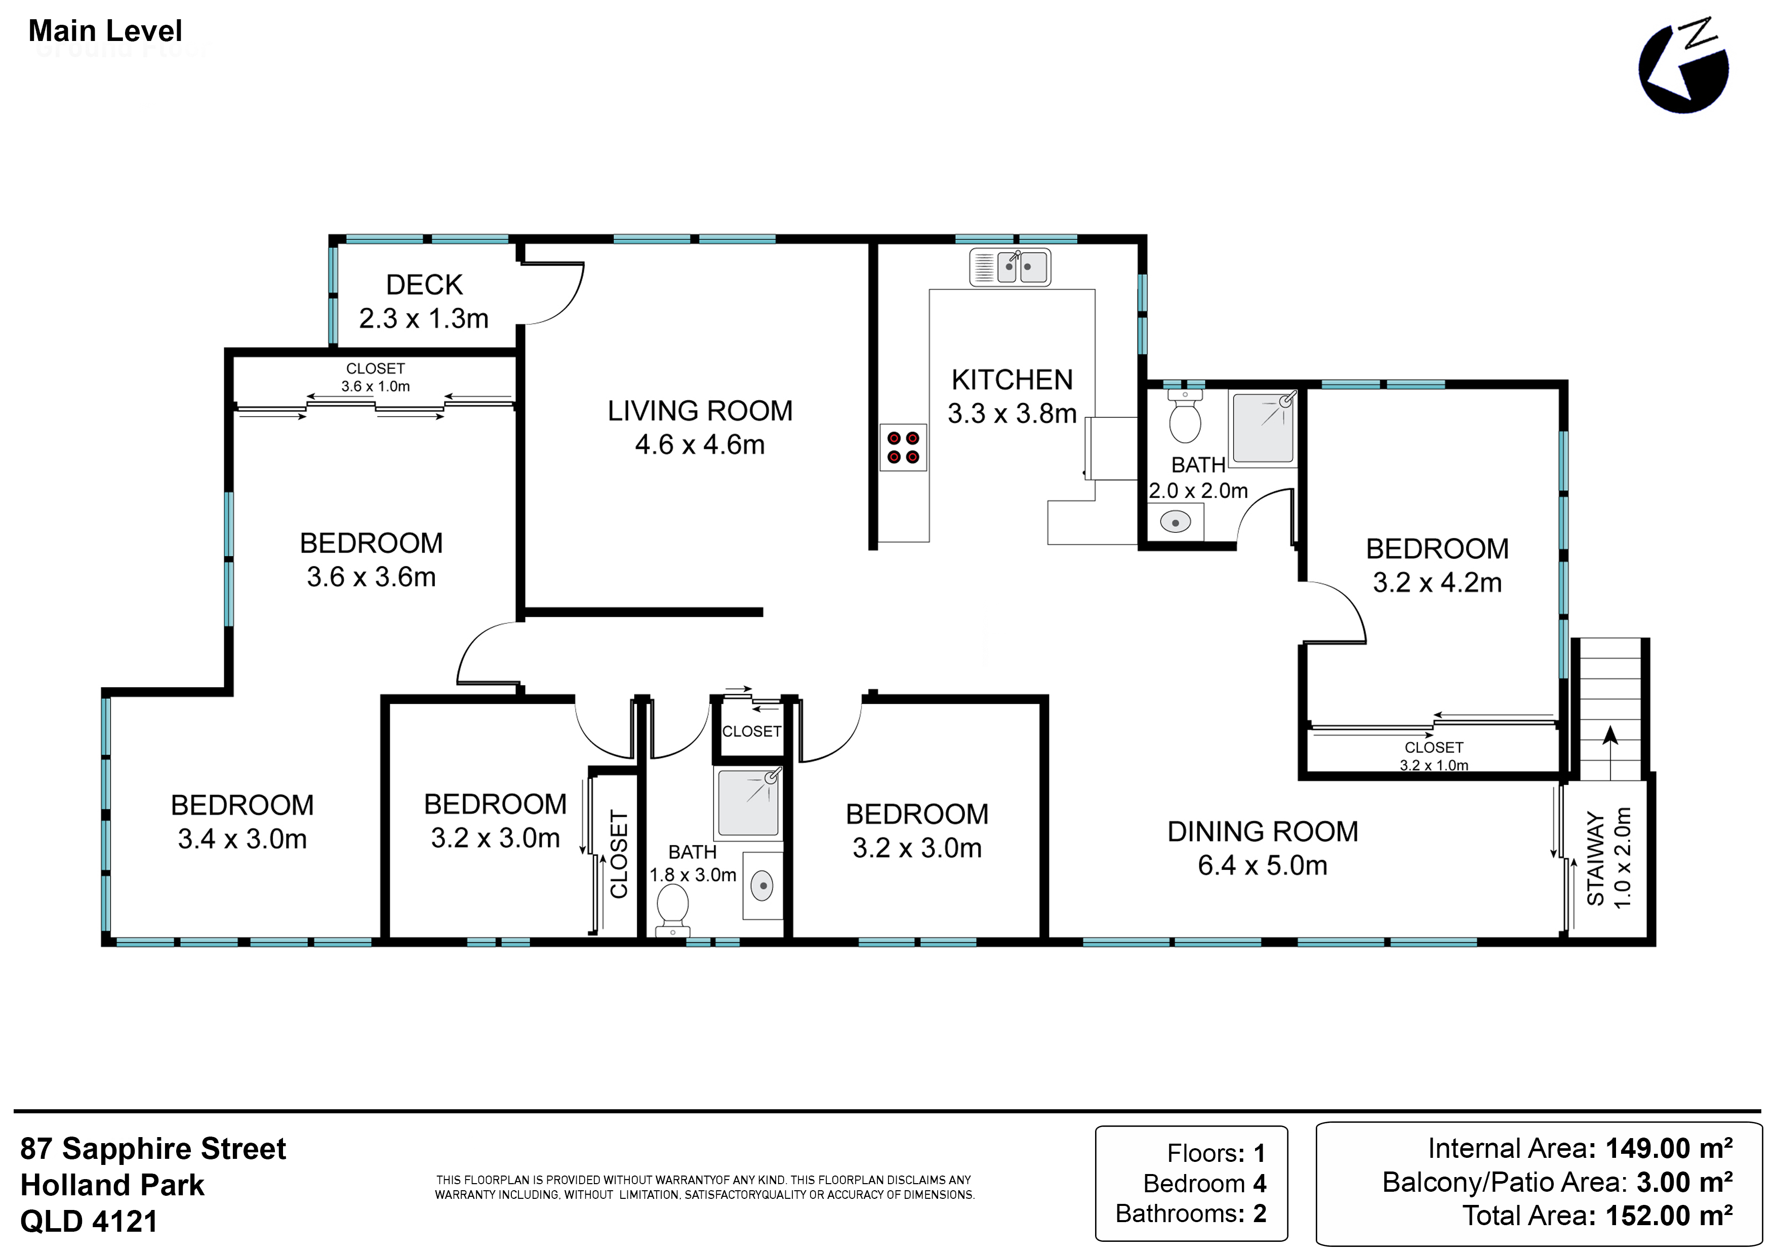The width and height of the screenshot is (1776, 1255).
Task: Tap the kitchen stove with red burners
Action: pos(903,447)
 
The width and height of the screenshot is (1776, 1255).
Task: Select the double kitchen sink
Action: pos(1010,268)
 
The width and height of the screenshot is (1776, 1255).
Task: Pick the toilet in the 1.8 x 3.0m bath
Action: pos(672,909)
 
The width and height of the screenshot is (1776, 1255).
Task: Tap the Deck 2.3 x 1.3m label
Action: pos(424,302)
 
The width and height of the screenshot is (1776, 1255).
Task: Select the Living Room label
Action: pos(700,410)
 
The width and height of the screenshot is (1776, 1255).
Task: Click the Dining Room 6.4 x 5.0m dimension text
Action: pos(1262,865)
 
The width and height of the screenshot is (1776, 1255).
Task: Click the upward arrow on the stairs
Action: pos(1610,752)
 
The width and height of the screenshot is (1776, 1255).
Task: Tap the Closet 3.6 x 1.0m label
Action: pos(375,378)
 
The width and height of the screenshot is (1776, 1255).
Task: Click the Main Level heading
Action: pos(105,31)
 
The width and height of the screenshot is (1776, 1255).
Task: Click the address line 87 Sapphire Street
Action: pos(153,1148)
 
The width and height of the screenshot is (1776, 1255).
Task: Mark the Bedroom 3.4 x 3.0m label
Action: pos(242,822)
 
